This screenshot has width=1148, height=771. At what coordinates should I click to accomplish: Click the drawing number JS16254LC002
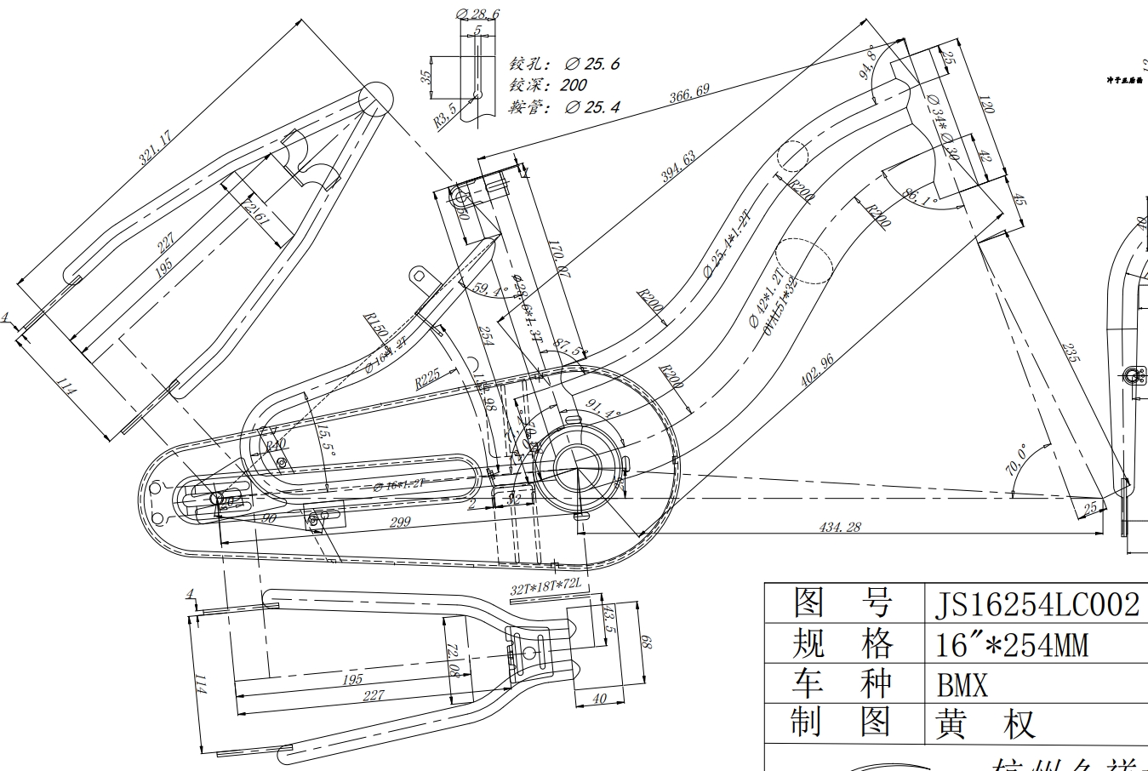point(1036,605)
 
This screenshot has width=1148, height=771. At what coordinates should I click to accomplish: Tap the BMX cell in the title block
point(962,684)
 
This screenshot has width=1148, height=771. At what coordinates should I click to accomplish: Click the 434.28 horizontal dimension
point(840,528)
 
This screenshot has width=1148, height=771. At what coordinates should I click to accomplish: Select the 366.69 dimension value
point(688,93)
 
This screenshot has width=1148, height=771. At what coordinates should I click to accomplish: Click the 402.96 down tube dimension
point(817,371)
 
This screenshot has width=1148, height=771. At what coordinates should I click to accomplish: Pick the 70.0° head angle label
point(1015,459)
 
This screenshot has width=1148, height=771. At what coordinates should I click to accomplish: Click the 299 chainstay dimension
point(400,522)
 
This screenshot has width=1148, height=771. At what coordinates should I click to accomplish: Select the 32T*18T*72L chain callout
point(545,587)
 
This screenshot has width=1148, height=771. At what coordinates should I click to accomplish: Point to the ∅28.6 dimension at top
point(477,14)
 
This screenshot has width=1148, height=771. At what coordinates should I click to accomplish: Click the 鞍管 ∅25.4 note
point(565,107)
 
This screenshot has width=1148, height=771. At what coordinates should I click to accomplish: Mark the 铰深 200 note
point(549,85)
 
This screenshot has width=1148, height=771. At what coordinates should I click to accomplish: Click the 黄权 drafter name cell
point(985,725)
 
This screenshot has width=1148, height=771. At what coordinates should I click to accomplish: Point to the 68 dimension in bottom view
point(646,642)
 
